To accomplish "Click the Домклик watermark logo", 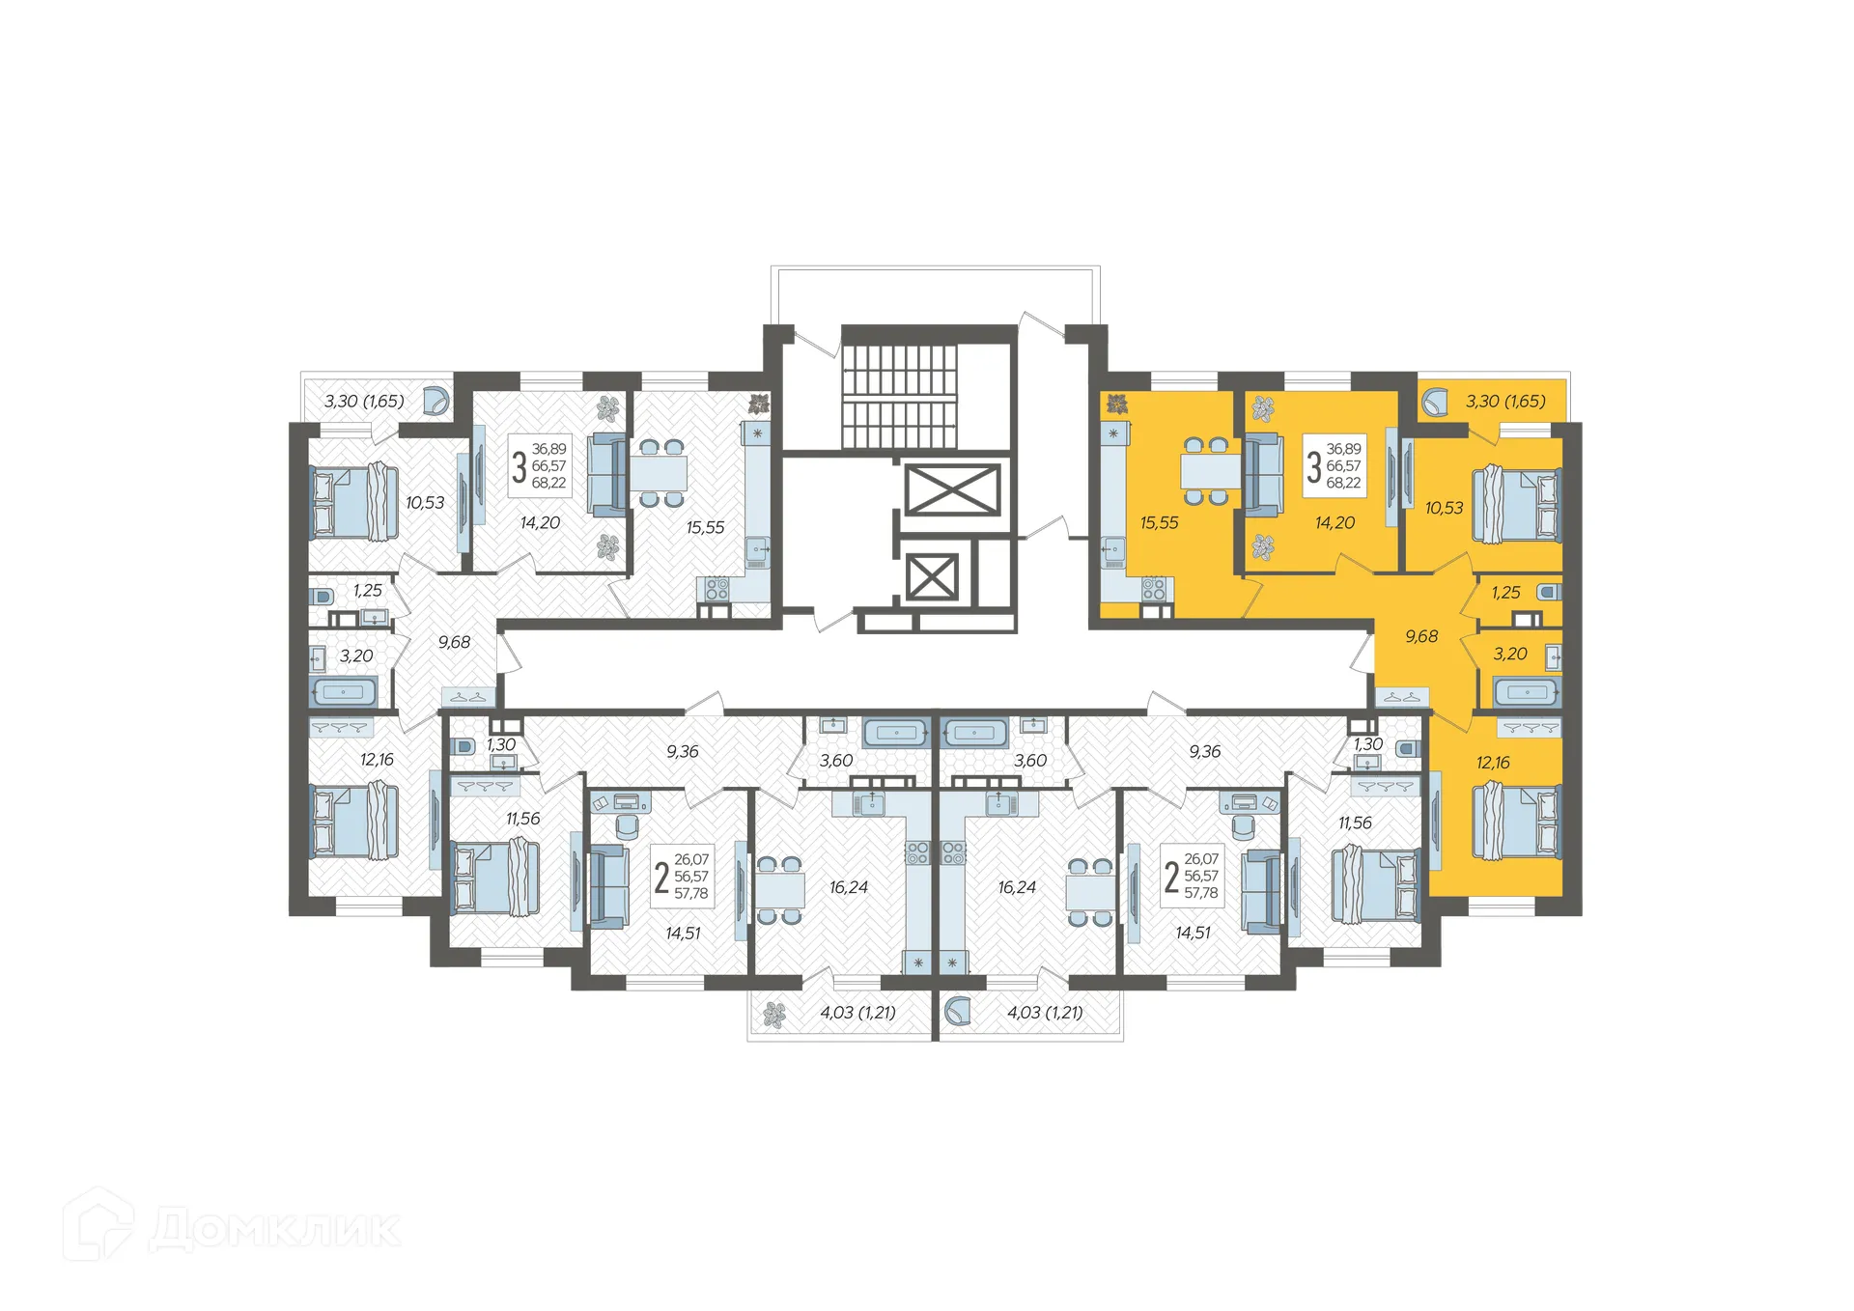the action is point(232,1225).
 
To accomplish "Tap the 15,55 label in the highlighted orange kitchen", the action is point(1159,523).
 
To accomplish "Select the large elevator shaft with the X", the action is point(951,489).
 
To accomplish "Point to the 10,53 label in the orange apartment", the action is point(1444,508).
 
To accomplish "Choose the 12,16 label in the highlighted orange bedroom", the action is point(1493,763).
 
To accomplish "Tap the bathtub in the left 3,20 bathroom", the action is point(343,692).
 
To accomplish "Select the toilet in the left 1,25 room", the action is point(322,596).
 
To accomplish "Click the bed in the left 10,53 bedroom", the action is point(354,502).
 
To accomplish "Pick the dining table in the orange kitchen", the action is point(1211,471).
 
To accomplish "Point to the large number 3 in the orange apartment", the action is point(1313,466).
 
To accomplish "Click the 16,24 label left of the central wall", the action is point(848,887).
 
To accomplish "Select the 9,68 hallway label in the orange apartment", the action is point(1421,636).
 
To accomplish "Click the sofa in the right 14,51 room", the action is point(1262,892).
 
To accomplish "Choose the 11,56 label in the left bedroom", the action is point(522,819).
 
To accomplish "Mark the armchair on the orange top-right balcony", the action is point(1435,402).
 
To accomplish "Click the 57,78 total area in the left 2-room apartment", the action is point(691,894).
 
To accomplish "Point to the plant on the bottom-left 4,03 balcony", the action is point(774,1014).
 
